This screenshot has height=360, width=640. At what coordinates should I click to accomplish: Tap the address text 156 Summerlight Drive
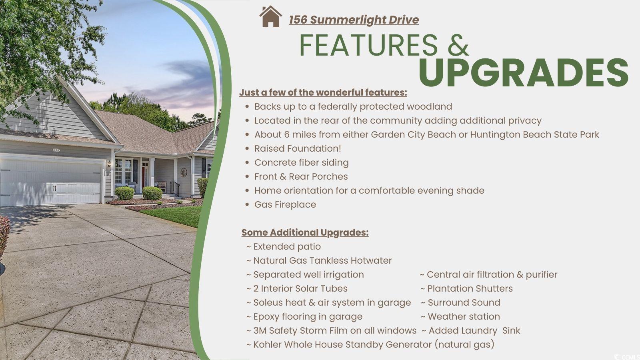pyautogui.click(x=354, y=20)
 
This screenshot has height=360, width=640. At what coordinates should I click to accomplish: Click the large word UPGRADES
pyautogui.click(x=523, y=73)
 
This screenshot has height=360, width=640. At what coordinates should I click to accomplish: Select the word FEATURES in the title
pyautogui.click(x=368, y=45)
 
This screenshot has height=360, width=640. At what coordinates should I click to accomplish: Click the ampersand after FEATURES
pyautogui.click(x=458, y=45)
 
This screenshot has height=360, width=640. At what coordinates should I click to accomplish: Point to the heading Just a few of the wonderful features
pyautogui.click(x=323, y=92)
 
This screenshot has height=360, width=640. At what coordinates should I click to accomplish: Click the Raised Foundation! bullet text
pyautogui.click(x=298, y=148)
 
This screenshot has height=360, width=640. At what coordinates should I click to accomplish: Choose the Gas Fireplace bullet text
pyautogui.click(x=285, y=204)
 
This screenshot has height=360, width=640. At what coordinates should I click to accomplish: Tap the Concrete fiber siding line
pyautogui.click(x=302, y=162)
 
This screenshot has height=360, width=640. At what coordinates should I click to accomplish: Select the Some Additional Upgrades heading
pyautogui.click(x=305, y=232)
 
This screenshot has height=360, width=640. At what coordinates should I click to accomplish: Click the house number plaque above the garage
pyautogui.click(x=56, y=150)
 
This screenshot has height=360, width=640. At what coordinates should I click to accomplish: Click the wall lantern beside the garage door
pyautogui.click(x=109, y=164)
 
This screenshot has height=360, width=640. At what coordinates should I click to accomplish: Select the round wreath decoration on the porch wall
pyautogui.click(x=184, y=172)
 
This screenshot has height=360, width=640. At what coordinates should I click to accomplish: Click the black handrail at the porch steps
pyautogui.click(x=174, y=188)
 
